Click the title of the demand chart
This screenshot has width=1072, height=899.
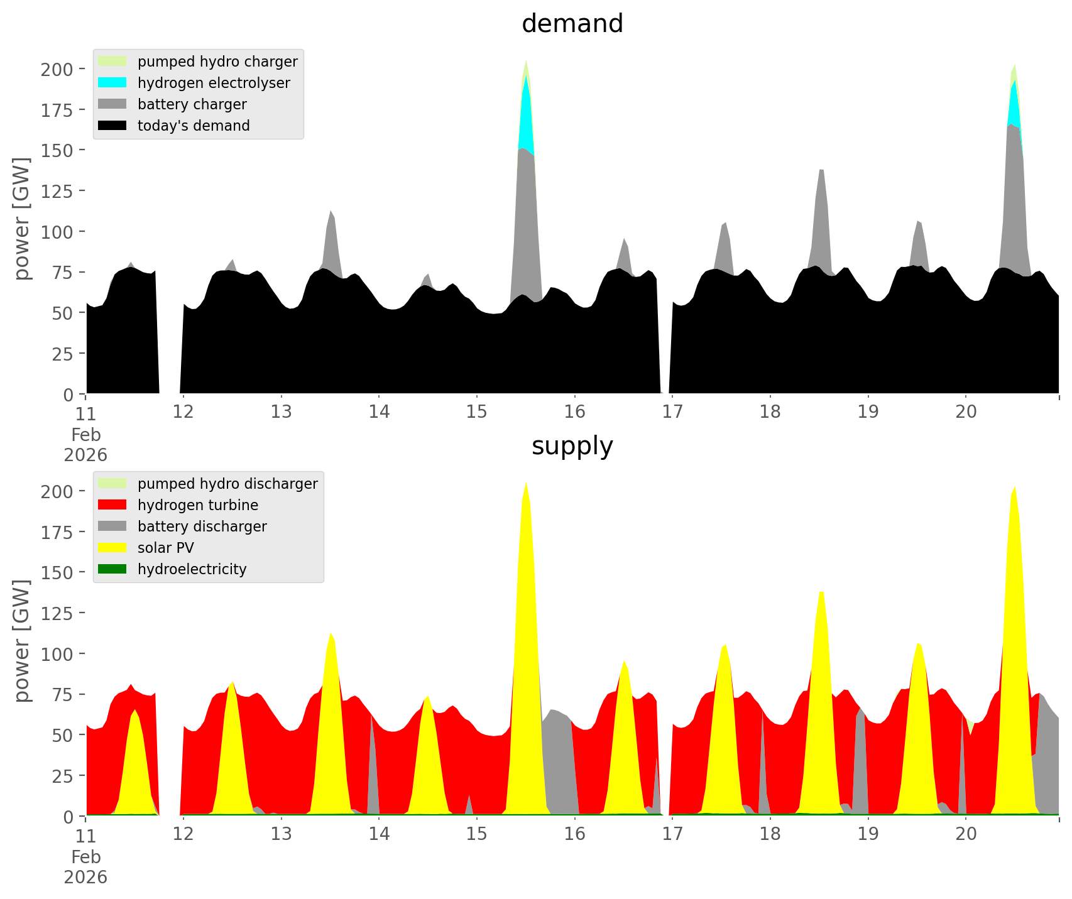[x=572, y=24]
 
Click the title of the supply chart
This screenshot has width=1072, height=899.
[x=572, y=446]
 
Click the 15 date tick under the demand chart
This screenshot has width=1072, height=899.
[x=477, y=412]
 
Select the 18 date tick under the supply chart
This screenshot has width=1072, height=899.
[x=770, y=834]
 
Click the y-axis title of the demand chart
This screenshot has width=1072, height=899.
[x=22, y=219]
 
